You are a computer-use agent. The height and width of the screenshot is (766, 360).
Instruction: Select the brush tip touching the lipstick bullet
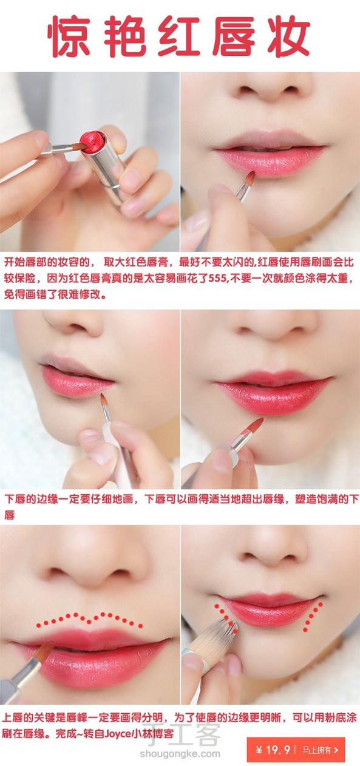(80, 147)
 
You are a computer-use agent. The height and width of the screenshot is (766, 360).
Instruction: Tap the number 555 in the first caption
(217, 278)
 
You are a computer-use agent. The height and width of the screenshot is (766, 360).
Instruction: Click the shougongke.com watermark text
(180, 754)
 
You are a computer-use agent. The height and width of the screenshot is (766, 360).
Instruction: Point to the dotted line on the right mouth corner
(313, 616)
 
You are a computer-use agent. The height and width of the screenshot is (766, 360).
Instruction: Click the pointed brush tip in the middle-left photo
(104, 401)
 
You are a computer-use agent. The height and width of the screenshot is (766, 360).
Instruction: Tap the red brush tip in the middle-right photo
(254, 427)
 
